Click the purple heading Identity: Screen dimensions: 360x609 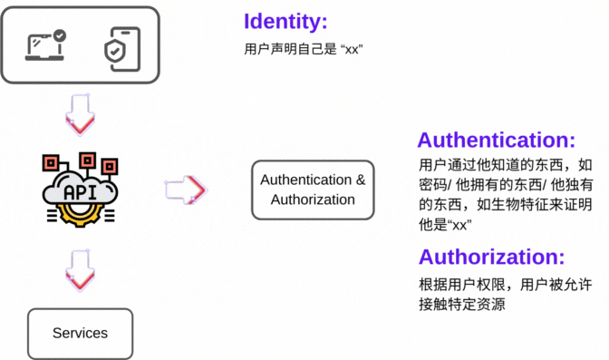point(285,23)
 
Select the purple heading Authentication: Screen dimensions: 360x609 point(496,141)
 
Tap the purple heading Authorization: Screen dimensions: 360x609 point(491,256)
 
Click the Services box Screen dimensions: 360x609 point(80,333)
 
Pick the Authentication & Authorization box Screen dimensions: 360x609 point(313,190)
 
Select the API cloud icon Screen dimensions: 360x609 point(80,190)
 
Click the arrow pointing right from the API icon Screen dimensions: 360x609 point(186,189)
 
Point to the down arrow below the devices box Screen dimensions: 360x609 point(80,112)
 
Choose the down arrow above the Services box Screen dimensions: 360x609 point(80,270)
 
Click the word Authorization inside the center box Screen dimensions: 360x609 point(313,199)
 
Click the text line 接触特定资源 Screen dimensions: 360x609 point(461,305)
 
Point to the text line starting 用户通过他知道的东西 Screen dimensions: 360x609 point(505,165)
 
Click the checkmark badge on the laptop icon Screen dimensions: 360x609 point(60,35)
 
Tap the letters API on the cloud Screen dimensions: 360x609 point(80,191)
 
